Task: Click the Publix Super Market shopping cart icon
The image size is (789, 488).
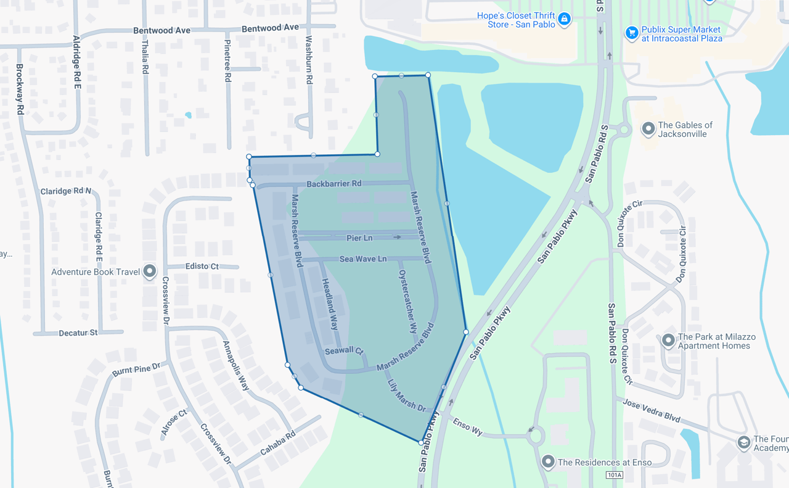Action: tap(631, 33)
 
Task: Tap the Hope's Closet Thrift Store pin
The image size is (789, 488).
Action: tap(564, 19)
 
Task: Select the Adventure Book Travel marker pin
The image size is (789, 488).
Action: tap(149, 271)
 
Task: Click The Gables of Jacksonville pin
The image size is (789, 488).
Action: tap(648, 129)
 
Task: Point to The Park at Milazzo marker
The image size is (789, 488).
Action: tap(668, 341)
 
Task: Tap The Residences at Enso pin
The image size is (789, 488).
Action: tap(548, 461)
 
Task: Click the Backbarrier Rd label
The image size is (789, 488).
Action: tap(334, 184)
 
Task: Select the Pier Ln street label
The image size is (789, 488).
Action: tap(359, 238)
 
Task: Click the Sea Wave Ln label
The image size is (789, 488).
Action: tap(363, 259)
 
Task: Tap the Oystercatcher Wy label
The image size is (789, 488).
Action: tap(408, 301)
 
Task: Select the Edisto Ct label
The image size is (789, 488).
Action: tap(202, 266)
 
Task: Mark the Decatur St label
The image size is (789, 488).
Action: tap(78, 333)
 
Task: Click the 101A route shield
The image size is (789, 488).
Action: tap(615, 475)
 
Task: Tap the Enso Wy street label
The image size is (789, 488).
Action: tap(468, 426)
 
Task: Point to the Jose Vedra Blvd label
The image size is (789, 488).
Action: tap(651, 411)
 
